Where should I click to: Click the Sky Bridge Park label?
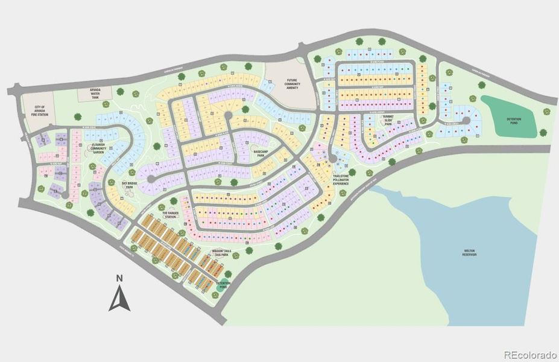[x=128, y=185]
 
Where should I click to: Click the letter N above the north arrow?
[x=119, y=278]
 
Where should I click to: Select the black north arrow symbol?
[x=119, y=298]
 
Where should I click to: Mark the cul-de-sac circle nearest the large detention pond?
[x=466, y=120]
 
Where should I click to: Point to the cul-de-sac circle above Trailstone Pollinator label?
[x=332, y=159]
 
